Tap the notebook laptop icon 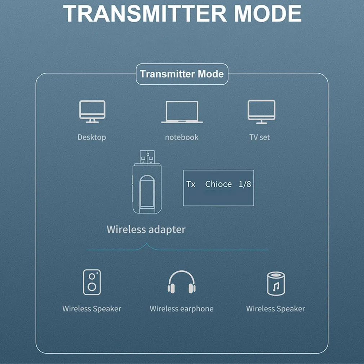pos(182,112)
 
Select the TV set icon pos(261,112)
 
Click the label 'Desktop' pos(92,137)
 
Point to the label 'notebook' pos(182,137)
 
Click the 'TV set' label pos(259,137)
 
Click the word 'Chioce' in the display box pos(218,184)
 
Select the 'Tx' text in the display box pos(191,184)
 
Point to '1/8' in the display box pos(245,184)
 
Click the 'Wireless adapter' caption pos(146,229)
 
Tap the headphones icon pos(181,282)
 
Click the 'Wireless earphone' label pos(181,309)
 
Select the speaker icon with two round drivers pos(92,282)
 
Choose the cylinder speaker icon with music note pos(276,283)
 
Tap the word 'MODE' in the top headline pos(268,13)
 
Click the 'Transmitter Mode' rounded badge pos(182,74)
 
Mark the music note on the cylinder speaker pos(276,287)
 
